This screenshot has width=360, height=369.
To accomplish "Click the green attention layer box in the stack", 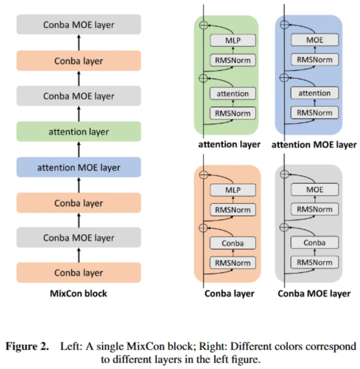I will [79, 132].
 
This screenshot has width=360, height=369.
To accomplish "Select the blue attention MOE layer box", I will [79, 167].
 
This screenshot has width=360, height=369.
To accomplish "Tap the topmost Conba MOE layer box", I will [79, 24].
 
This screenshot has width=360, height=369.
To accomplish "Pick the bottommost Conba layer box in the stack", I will [79, 273].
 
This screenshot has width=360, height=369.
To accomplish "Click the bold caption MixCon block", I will [79, 293].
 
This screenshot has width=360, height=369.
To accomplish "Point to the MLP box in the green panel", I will [233, 41].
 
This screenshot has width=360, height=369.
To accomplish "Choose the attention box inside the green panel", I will [233, 94].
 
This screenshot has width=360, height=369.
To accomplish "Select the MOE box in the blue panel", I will [315, 40].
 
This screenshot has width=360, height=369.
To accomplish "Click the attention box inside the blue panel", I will [315, 93].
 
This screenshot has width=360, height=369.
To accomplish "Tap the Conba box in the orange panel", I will [233, 243].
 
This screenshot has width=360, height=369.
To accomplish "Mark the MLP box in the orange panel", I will [233, 190].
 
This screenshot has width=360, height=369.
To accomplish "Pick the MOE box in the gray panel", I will [315, 189].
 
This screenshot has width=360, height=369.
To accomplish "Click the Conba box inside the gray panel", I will [315, 243].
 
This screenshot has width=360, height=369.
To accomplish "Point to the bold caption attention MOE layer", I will [314, 145].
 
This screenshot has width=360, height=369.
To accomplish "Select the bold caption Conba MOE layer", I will [314, 294].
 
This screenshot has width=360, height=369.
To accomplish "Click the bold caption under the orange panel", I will [229, 294].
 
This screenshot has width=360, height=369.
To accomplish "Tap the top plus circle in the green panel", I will [203, 25].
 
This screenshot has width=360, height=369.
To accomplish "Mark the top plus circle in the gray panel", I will [284, 174].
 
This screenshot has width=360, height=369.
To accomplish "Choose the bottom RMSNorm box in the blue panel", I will [315, 113].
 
